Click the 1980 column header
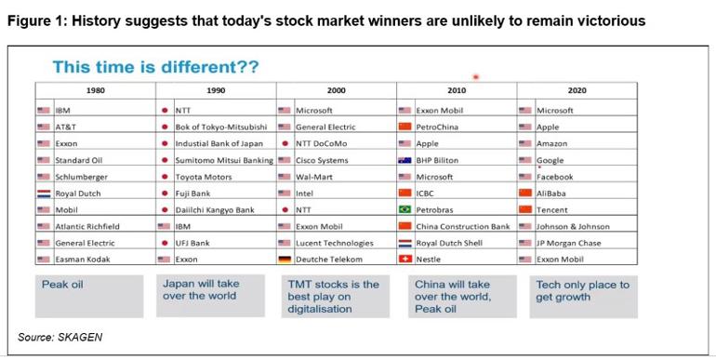click(95, 91)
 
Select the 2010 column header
click(456, 91)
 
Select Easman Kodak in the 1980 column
click(83, 260)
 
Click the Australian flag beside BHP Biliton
click(404, 160)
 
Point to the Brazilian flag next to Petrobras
click(404, 210)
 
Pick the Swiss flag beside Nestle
click(404, 260)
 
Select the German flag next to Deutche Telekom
click(285, 260)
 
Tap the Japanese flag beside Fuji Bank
click(165, 193)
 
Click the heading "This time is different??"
click(155, 67)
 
